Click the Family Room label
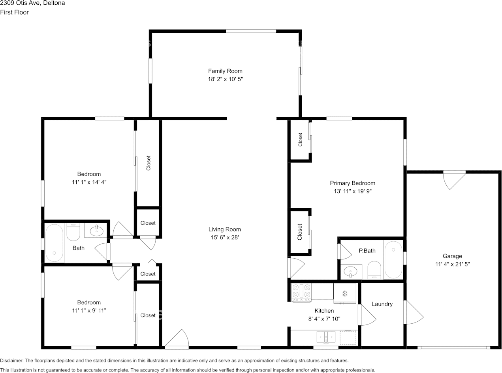[x=225, y=71]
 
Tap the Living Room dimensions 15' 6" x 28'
[x=225, y=237]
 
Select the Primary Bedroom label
[x=352, y=183]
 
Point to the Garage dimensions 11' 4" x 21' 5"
[x=453, y=264]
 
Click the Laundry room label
[x=382, y=304]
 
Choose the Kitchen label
[x=324, y=311]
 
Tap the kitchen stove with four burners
[x=301, y=293]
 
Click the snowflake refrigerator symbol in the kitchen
[x=345, y=293]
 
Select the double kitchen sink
[x=326, y=337]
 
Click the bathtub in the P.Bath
[x=393, y=259]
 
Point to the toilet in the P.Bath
[x=374, y=270]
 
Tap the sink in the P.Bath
[x=351, y=271]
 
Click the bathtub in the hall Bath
[x=55, y=242]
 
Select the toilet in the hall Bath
[x=73, y=232]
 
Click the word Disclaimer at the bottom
[x=11, y=360]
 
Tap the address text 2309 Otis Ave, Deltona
[x=32, y=3]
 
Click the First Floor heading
[x=15, y=12]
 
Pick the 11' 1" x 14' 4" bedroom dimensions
[x=89, y=182]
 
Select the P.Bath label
[x=367, y=250]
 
